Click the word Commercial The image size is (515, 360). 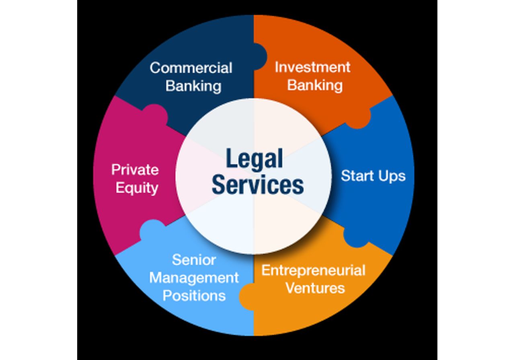click(x=191, y=68)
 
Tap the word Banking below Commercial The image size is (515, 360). click(x=193, y=86)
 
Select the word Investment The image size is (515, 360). click(x=312, y=67)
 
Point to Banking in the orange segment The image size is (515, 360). click(x=315, y=85)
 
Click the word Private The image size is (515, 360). click(x=135, y=170)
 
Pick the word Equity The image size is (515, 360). click(x=137, y=188)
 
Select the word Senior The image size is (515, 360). click(x=194, y=260)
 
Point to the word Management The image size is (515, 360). click(x=194, y=278)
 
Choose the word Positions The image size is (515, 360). click(x=194, y=296)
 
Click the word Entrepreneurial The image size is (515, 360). click(x=313, y=270)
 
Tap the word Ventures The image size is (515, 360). click(x=315, y=288)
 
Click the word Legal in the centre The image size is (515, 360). click(x=254, y=159)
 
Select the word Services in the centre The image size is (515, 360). click(x=258, y=185)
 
